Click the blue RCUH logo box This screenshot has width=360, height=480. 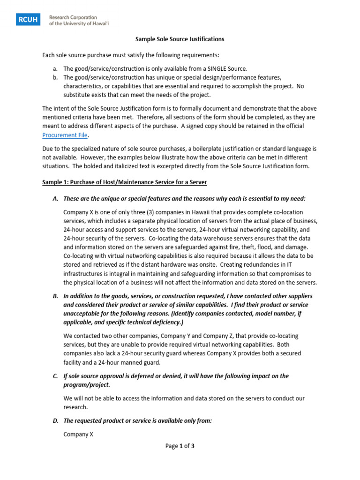click(x=29, y=19)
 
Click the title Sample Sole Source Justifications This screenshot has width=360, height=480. click(x=180, y=39)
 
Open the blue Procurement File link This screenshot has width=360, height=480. click(x=65, y=135)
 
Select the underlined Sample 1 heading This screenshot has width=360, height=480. click(x=124, y=181)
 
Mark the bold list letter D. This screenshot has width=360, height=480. click(x=55, y=421)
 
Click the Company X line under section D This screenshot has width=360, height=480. click(x=78, y=434)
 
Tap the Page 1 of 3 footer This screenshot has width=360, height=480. click(x=180, y=446)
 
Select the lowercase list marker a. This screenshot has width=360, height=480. click(x=55, y=68)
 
